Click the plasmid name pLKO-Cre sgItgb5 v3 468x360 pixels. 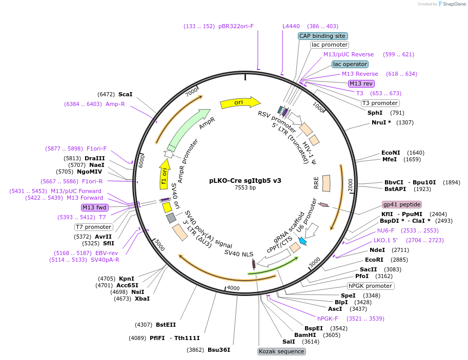coord(245,180)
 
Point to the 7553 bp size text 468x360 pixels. coord(245,188)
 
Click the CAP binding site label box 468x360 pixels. coord(323,36)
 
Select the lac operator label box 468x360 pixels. coord(350,64)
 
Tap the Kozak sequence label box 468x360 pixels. coord(281,351)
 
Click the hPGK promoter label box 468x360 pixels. coord(371,286)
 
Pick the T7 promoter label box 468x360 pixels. coord(93,227)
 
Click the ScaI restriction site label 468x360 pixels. coord(125,94)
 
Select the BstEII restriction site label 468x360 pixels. coord(166,325)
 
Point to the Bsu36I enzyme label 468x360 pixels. coord(219,350)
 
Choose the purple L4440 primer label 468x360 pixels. coord(291,26)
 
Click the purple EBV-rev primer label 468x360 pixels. coord(107,253)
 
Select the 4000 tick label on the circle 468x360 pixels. coord(233,288)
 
